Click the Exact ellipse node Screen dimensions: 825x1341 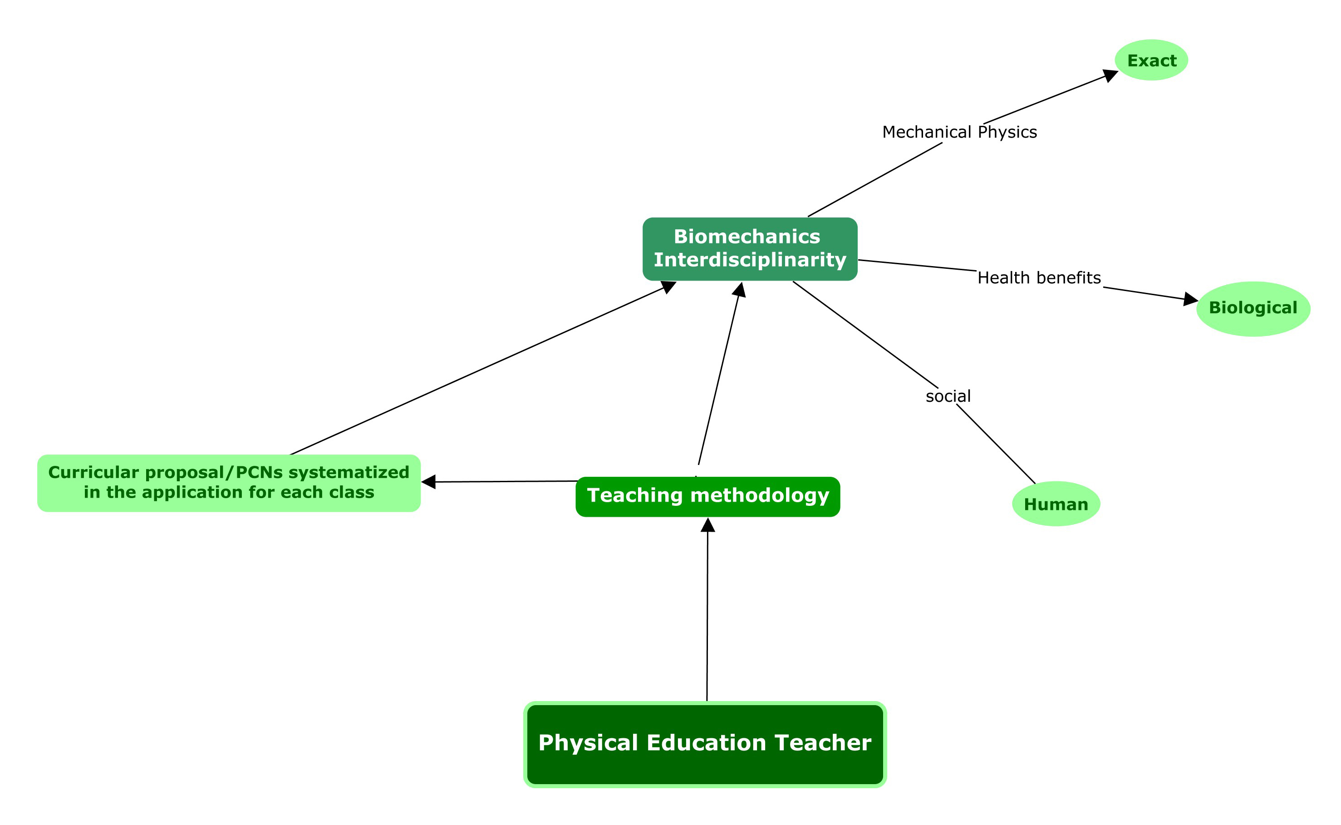(x=1151, y=60)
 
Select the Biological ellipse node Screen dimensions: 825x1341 (x=1253, y=308)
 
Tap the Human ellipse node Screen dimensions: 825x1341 (x=1056, y=504)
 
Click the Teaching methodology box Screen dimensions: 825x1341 (x=707, y=496)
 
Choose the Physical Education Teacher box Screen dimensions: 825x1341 (x=705, y=744)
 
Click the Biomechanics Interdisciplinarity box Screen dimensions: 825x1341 (x=749, y=249)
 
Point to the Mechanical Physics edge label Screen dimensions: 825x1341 (x=959, y=132)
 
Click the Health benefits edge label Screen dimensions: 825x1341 (x=1039, y=278)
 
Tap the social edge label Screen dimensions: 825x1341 (x=948, y=396)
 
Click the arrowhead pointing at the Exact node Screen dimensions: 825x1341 (x=1110, y=75)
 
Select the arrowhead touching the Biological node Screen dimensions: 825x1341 (x=1190, y=299)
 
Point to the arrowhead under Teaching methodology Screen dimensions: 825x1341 (x=707, y=525)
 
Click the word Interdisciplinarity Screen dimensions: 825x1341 (x=750, y=260)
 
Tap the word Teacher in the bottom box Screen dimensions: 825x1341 (x=822, y=743)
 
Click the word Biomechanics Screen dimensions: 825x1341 (x=747, y=237)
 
